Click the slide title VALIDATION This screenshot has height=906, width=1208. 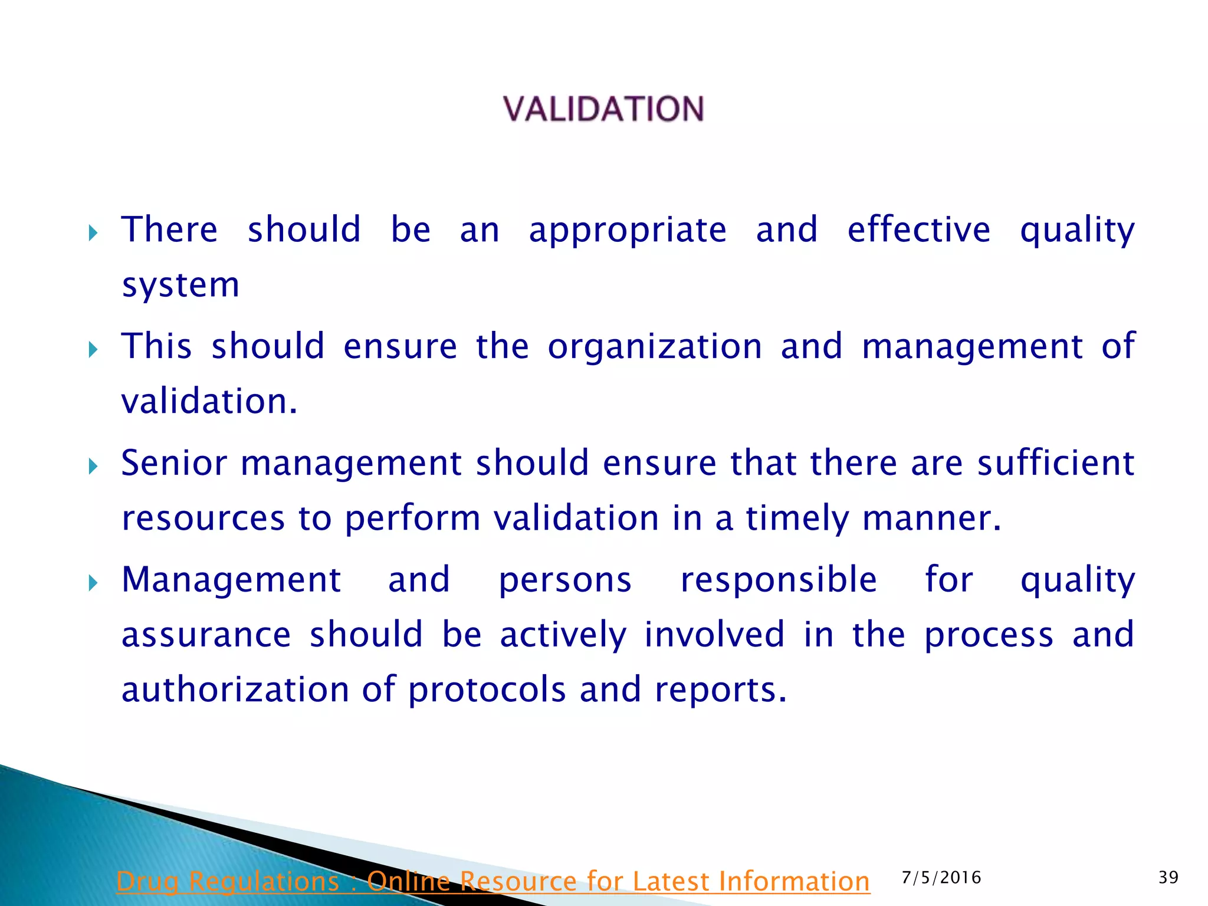click(603, 109)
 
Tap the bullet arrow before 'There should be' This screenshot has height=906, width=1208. click(93, 234)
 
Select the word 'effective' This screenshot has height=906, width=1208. click(918, 230)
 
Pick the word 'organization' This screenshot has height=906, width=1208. click(655, 347)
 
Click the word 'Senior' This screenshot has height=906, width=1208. click(174, 463)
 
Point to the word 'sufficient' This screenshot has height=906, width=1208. click(1056, 463)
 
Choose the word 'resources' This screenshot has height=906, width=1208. click(203, 518)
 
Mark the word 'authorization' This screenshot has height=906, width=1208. click(235, 690)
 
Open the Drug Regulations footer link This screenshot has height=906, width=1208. click(493, 882)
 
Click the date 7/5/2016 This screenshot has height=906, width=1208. click(941, 878)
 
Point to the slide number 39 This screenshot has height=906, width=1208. click(1168, 878)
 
